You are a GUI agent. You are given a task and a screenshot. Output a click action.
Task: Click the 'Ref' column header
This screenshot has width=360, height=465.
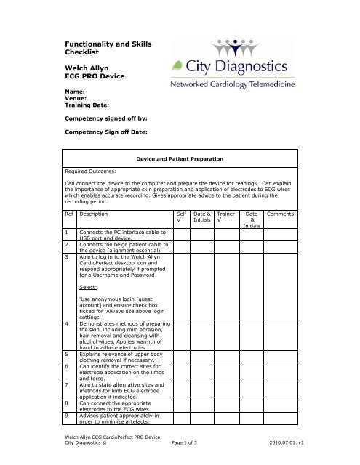click(x=68, y=215)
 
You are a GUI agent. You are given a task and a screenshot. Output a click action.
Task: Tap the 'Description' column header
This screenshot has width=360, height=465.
click(x=96, y=215)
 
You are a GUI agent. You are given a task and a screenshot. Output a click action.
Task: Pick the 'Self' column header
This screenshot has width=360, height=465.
click(x=181, y=215)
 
